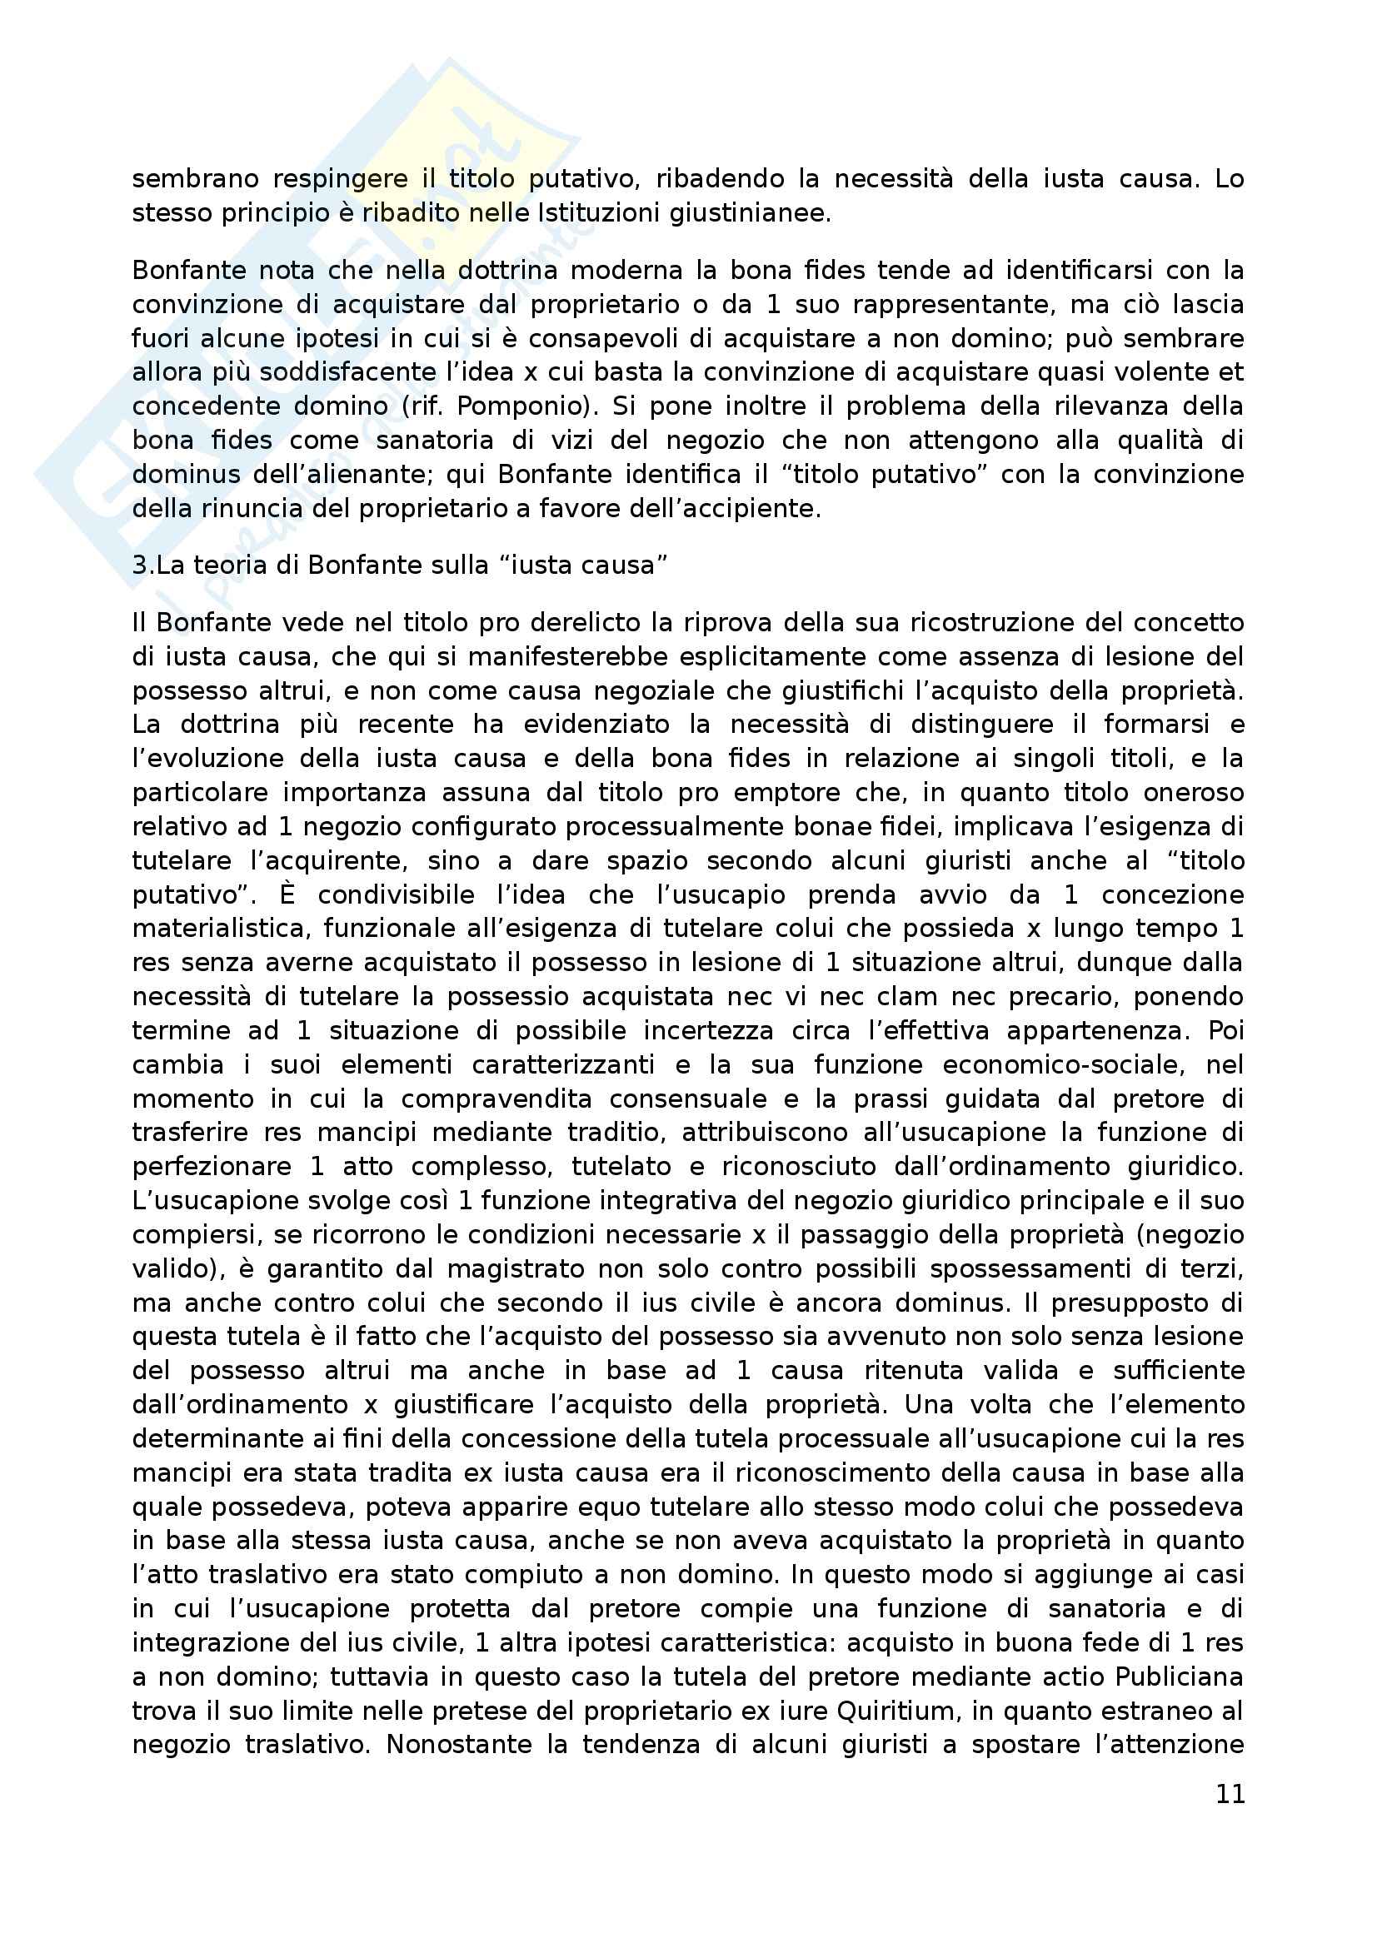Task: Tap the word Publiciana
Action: click(1180, 1676)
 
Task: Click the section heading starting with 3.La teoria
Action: click(400, 565)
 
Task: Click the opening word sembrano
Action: click(192, 179)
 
